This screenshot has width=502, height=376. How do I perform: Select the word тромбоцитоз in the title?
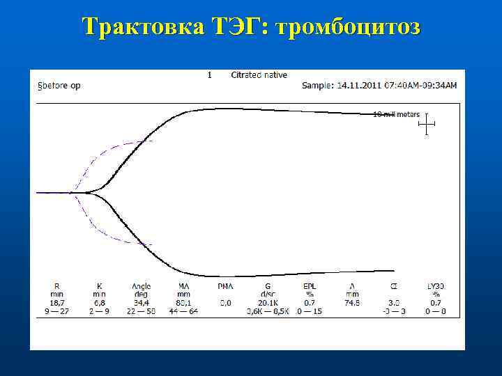tap(349, 27)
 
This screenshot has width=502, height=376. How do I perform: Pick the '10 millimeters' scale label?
tap(396, 114)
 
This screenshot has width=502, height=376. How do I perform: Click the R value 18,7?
tap(57, 302)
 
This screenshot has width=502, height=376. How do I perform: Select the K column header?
tap(100, 285)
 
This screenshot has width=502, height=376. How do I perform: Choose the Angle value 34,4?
tap(141, 302)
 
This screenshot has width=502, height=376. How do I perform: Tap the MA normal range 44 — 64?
tap(183, 311)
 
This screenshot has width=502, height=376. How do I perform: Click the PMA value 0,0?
tap(225, 303)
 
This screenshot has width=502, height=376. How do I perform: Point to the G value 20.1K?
tap(266, 302)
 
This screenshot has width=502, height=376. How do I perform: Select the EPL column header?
tap(308, 285)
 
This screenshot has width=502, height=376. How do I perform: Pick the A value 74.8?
tap(350, 302)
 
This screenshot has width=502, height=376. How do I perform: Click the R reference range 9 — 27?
tap(57, 311)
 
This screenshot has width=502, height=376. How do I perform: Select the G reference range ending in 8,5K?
tap(266, 311)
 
